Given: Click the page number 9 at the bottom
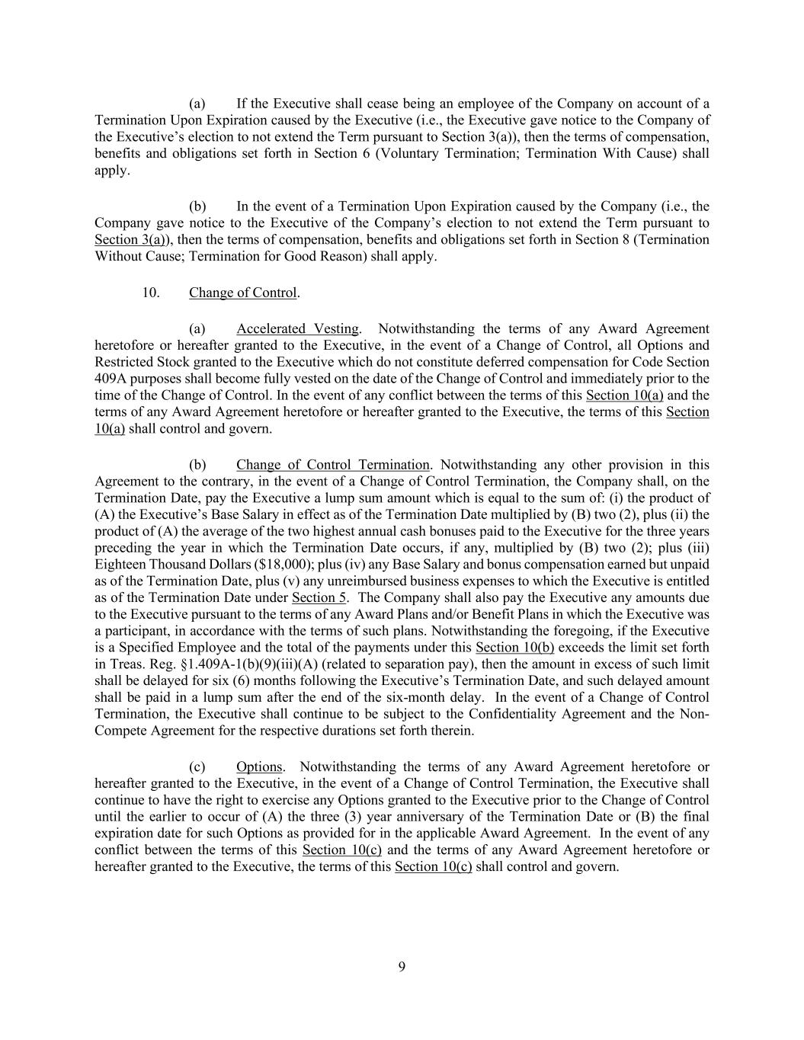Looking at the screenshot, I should tap(402, 968).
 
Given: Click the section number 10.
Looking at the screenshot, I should tap(151, 293).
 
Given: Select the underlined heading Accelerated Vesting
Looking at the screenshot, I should tap(297, 329).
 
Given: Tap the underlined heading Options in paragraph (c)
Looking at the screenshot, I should tap(259, 767).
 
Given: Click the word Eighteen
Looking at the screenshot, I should tap(120, 565).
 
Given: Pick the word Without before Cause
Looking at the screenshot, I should tap(117, 257).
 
